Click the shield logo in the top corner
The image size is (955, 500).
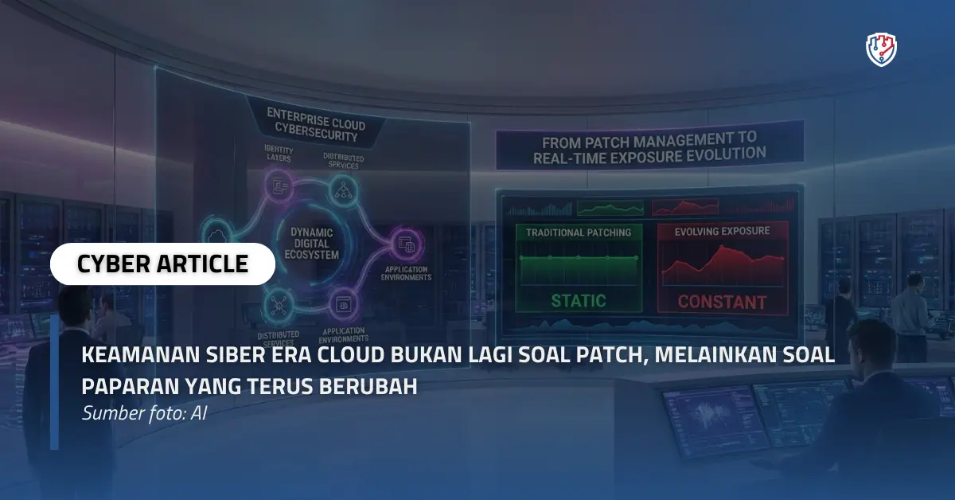coord(881,49)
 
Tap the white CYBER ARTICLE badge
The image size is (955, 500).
coord(162,264)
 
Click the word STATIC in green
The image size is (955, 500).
coord(579,301)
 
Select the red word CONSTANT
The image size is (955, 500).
coord(722,303)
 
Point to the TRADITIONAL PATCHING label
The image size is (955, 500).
coord(579,232)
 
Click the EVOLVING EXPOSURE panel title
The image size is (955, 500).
coord(722,231)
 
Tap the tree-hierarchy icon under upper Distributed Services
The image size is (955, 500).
coord(345,189)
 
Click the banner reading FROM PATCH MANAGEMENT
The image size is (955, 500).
coord(648,148)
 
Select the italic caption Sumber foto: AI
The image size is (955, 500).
coord(144,414)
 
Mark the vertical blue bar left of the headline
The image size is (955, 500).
coord(54,382)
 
